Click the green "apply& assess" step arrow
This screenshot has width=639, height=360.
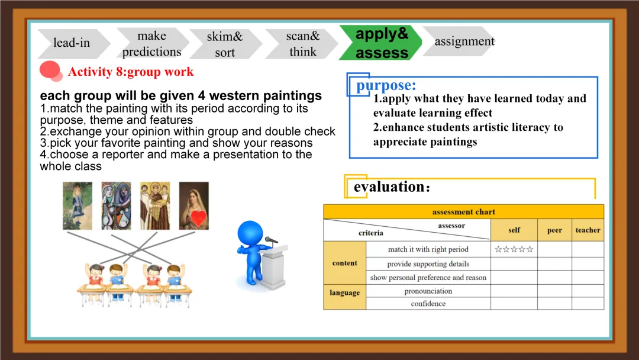pos(380,43)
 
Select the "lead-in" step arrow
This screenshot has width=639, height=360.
pos(73,43)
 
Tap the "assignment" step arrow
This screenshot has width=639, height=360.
pos(460,41)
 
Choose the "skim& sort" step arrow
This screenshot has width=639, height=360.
pos(225,44)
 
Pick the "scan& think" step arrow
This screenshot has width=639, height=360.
pos(302,44)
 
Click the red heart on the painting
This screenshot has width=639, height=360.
pos(199,218)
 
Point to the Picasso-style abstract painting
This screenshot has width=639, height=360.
pos(116,205)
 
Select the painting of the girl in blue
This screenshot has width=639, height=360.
pos(78,205)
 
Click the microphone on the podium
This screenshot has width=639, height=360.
pos(271,240)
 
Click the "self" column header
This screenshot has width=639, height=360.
pos(514,230)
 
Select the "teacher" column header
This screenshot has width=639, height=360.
pos(588,230)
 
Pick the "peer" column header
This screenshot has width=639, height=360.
pos(554,230)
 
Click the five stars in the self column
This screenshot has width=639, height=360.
pos(514,249)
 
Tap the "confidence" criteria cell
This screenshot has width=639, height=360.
pos(428,303)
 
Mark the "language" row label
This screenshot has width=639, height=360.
pos(345,292)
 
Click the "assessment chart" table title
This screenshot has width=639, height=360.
pos(464,211)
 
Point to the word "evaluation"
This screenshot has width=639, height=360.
pos(389,187)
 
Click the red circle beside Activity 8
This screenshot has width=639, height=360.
pos(50,70)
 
